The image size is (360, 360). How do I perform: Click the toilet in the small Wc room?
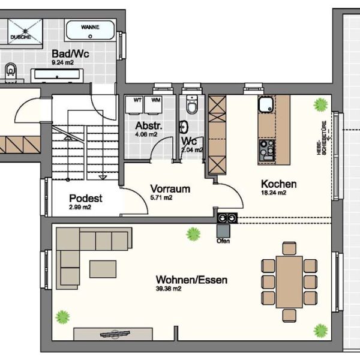(x=192, y=106)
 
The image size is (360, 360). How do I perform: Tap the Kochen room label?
(x=278, y=184)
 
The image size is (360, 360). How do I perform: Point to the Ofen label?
(x=223, y=241)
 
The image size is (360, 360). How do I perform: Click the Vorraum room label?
(x=170, y=188)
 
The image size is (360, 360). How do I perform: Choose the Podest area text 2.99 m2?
(x=80, y=208)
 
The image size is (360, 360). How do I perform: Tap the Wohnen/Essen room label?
(x=191, y=280)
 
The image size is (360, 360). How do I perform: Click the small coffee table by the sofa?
(x=103, y=269)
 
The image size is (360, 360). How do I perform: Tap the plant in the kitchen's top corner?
(x=320, y=104)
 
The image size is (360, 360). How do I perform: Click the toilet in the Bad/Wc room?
(x=10, y=73)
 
